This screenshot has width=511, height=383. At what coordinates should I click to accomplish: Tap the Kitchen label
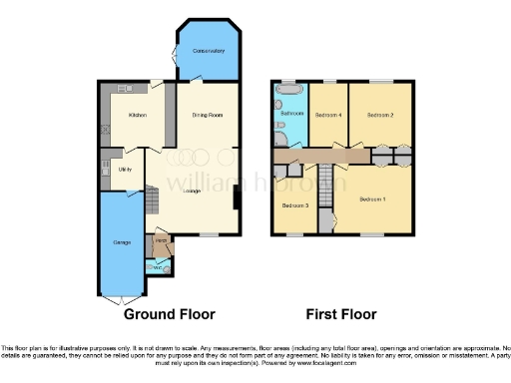(138, 116)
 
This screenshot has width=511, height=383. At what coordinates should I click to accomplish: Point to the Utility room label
(113, 171)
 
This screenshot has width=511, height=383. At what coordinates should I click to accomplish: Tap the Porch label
(160, 241)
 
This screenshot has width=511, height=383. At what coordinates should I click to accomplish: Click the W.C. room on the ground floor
(158, 265)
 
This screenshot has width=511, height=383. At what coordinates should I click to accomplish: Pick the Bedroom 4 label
(328, 116)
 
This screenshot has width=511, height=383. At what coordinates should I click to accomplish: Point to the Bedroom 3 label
(294, 206)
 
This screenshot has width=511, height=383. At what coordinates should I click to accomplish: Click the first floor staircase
(324, 185)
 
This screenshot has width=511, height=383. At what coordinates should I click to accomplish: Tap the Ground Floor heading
(169, 313)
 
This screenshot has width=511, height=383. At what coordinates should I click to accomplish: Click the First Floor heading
(341, 313)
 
